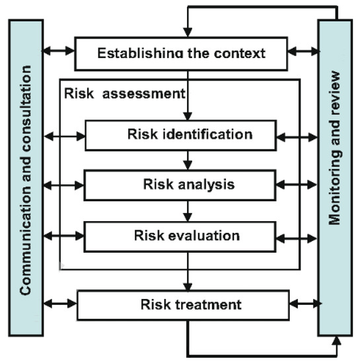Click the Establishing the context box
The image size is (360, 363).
point(182,53)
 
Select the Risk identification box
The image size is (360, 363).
point(190,135)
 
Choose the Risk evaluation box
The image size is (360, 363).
point(190,235)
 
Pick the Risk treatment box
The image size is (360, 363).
point(184,306)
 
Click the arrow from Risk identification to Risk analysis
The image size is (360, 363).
point(189,160)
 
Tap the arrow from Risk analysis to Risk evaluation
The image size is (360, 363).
point(189,211)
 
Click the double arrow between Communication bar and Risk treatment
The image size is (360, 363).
point(61,304)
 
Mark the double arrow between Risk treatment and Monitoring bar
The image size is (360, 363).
point(304,304)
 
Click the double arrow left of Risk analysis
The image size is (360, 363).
point(65,186)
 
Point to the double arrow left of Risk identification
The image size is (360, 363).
point(65,137)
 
